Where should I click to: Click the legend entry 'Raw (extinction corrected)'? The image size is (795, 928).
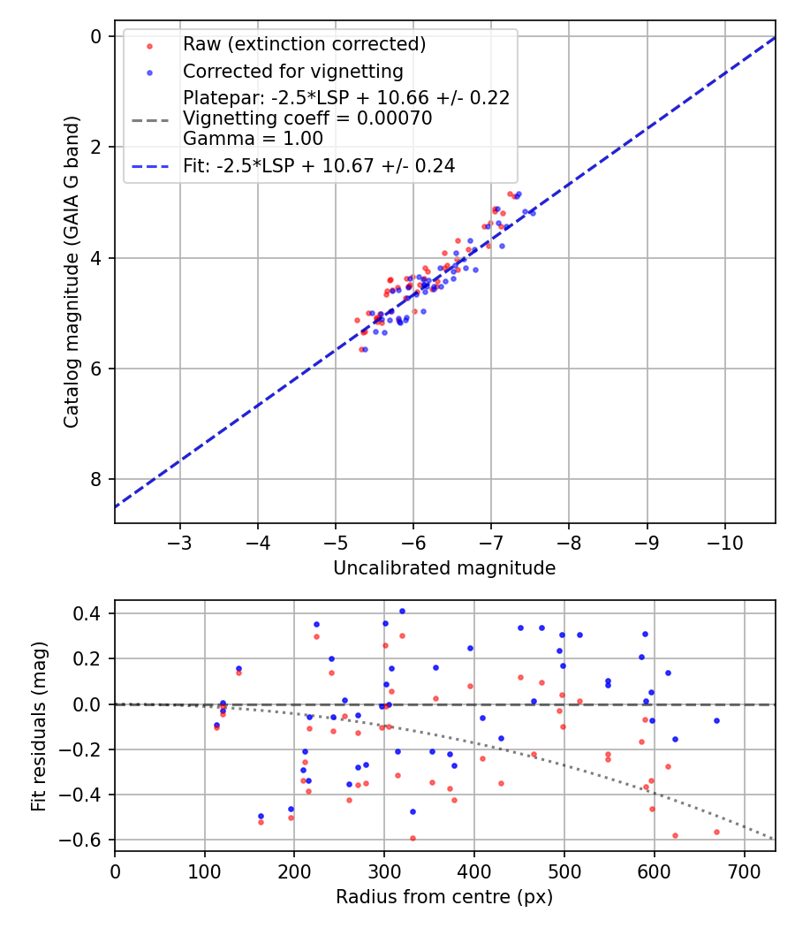(304, 44)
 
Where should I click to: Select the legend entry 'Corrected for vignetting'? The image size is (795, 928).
(292, 72)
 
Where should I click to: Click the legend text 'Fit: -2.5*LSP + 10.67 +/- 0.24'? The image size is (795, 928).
(319, 165)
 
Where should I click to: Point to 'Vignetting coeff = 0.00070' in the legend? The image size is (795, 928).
(307, 118)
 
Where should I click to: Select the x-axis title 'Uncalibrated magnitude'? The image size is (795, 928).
(444, 568)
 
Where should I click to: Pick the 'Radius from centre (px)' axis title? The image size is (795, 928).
(444, 896)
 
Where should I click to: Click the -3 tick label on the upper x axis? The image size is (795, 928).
(180, 540)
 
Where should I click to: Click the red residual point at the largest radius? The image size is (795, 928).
(716, 832)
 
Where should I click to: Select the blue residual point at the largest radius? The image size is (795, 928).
(716, 720)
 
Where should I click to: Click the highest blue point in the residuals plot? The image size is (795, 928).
(402, 611)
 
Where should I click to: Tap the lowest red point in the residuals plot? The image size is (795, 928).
(413, 838)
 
